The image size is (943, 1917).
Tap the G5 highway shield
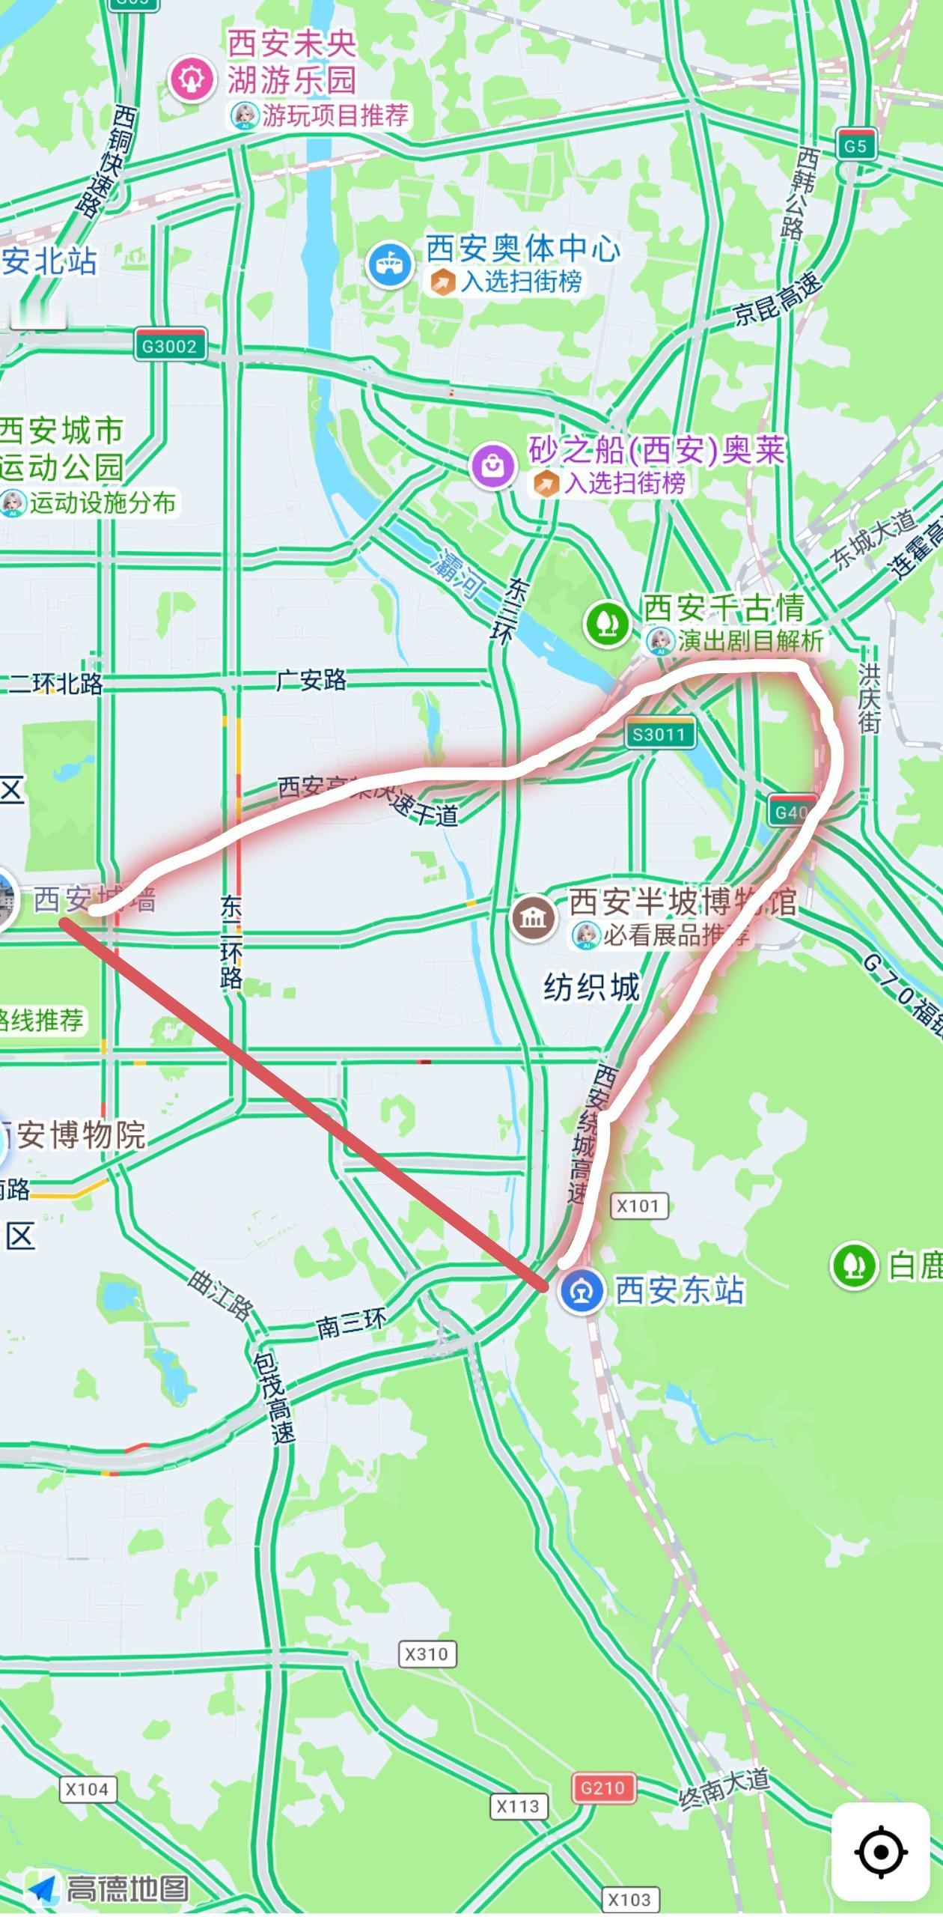coord(855,145)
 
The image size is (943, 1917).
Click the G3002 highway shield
coord(170,346)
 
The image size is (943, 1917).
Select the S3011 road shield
coord(659,734)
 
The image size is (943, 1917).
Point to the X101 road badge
coord(639,1206)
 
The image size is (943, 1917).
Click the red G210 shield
coord(603,1787)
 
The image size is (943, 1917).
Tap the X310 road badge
coord(427,1653)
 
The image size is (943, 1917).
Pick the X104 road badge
coord(88,1789)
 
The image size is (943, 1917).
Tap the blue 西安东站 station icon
coord(582,1290)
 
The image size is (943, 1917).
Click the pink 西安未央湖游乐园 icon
coord(192,79)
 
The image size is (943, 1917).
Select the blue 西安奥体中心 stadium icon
coord(389,264)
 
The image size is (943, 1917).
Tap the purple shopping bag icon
coord(493,465)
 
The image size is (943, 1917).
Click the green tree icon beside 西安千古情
coord(607,623)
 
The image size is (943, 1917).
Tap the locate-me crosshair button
coord(881,1851)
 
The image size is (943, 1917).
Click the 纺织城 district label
coord(592,987)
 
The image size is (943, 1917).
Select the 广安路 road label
coord(311,680)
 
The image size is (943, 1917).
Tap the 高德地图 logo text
coord(127,1888)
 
